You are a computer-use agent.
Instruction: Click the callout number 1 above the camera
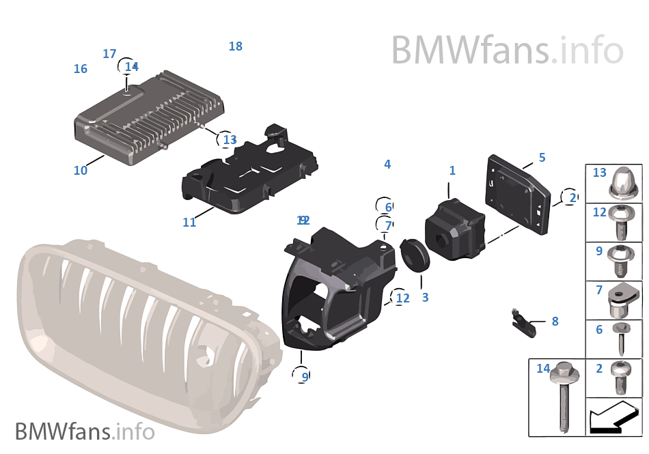click(452, 171)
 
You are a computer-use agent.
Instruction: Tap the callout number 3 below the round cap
click(425, 298)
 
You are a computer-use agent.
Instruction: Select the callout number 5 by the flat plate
click(542, 158)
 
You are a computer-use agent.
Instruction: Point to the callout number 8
click(555, 321)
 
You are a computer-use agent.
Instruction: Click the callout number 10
click(81, 171)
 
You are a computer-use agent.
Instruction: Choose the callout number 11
click(189, 222)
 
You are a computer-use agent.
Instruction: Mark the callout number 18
click(236, 46)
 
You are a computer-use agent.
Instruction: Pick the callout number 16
click(81, 69)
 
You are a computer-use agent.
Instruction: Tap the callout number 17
click(109, 54)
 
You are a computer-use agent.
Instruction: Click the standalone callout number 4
click(387, 165)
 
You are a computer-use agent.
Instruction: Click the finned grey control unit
click(149, 117)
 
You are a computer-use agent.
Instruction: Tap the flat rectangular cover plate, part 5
click(517, 194)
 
